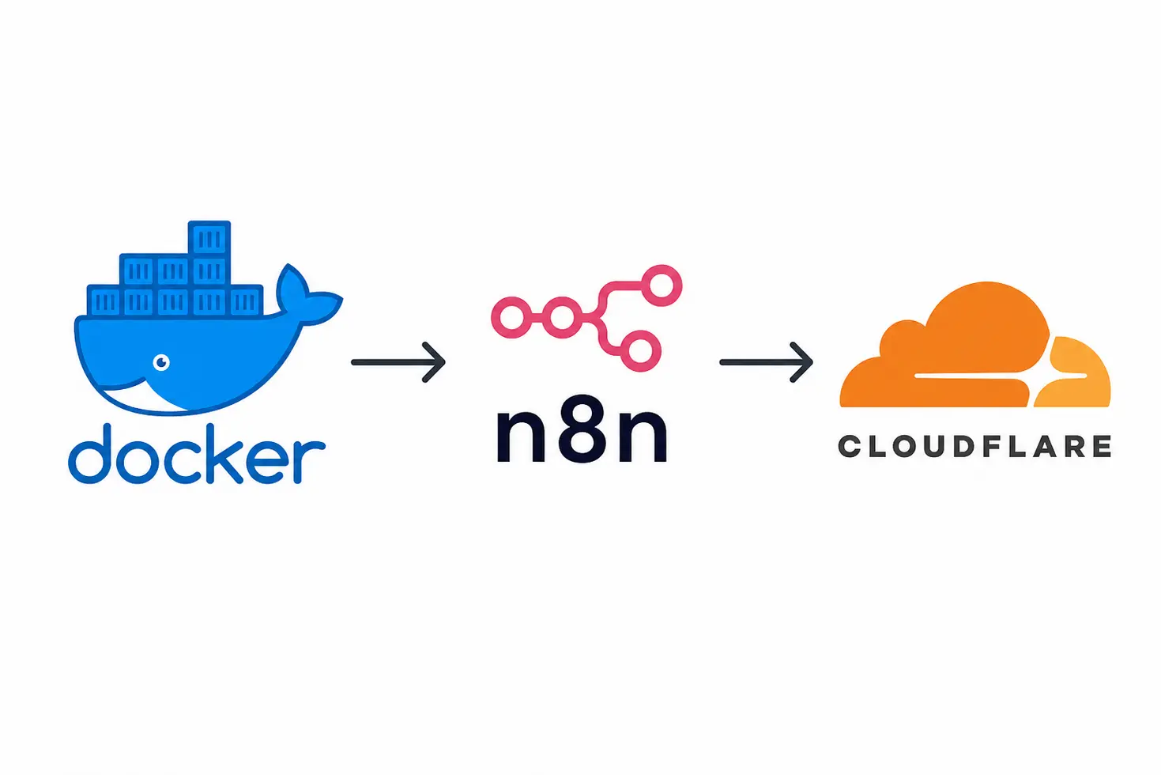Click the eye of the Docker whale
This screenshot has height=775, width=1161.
pyautogui.click(x=162, y=362)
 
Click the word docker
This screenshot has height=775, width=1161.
pyautogui.click(x=197, y=455)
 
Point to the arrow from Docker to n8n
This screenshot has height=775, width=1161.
pyautogui.click(x=398, y=362)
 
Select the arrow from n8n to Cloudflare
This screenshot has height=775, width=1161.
pyautogui.click(x=766, y=362)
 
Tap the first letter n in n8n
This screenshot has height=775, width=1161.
pyautogui.click(x=521, y=435)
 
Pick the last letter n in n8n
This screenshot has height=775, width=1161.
pyautogui.click(x=643, y=435)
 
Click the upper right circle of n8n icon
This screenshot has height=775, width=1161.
pyautogui.click(x=662, y=285)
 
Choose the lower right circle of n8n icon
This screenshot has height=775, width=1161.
pyautogui.click(x=640, y=350)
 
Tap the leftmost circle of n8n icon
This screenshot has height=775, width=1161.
pyautogui.click(x=511, y=317)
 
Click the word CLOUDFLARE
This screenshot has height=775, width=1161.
pyautogui.click(x=974, y=447)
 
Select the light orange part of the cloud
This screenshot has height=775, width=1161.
pyautogui.click(x=1073, y=372)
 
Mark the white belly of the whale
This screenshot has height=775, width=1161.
pyautogui.click(x=141, y=399)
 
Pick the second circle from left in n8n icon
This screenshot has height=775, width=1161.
pyautogui.click(x=563, y=317)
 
